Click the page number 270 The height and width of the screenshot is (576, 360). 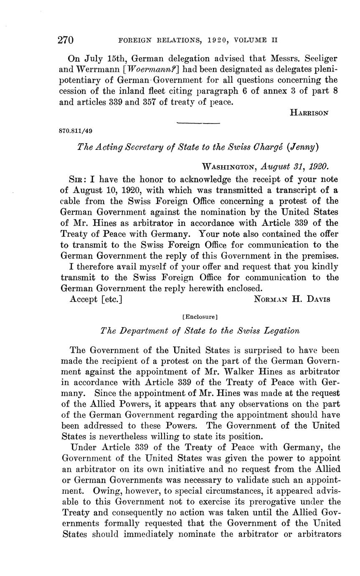click(66, 40)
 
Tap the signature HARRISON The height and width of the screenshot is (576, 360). click(309, 112)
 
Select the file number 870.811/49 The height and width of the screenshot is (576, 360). click(76, 131)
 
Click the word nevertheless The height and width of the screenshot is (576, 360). click(133, 437)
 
